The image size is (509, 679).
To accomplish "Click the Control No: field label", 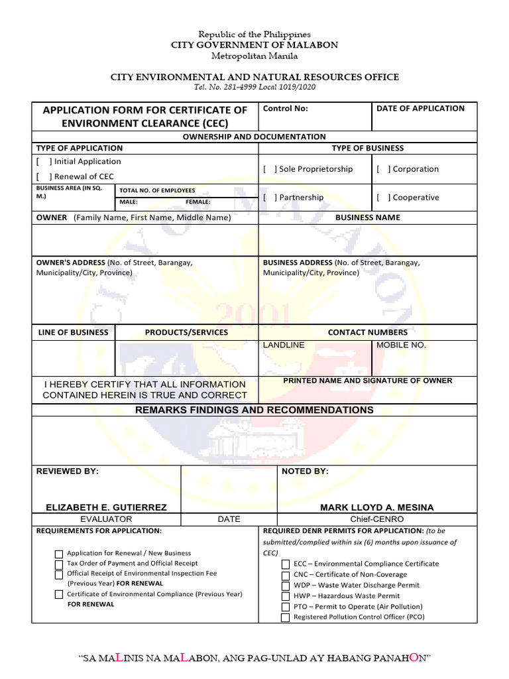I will pos(286,109).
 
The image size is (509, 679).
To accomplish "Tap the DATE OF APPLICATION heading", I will pos(420,109).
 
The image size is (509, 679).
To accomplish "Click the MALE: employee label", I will pos(129,202).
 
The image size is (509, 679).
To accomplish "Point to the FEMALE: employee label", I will pos(198,202).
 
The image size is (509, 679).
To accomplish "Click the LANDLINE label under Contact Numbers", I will pos(284,345).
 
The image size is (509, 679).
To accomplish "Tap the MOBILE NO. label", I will pos(402,345).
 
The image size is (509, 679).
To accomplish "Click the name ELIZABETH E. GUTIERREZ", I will pos(106,507).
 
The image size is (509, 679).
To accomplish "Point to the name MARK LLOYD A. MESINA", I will pos(377,507).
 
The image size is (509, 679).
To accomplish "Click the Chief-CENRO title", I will pos(376,519).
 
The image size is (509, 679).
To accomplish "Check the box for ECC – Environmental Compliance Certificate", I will pos(285,564).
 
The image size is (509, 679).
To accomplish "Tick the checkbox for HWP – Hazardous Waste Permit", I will pos(285,596).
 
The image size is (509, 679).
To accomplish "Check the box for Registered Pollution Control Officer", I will pos(285,617).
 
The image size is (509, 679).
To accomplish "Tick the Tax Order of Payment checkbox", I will pos(59,564).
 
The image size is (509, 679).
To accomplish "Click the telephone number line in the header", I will pos(254,88).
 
